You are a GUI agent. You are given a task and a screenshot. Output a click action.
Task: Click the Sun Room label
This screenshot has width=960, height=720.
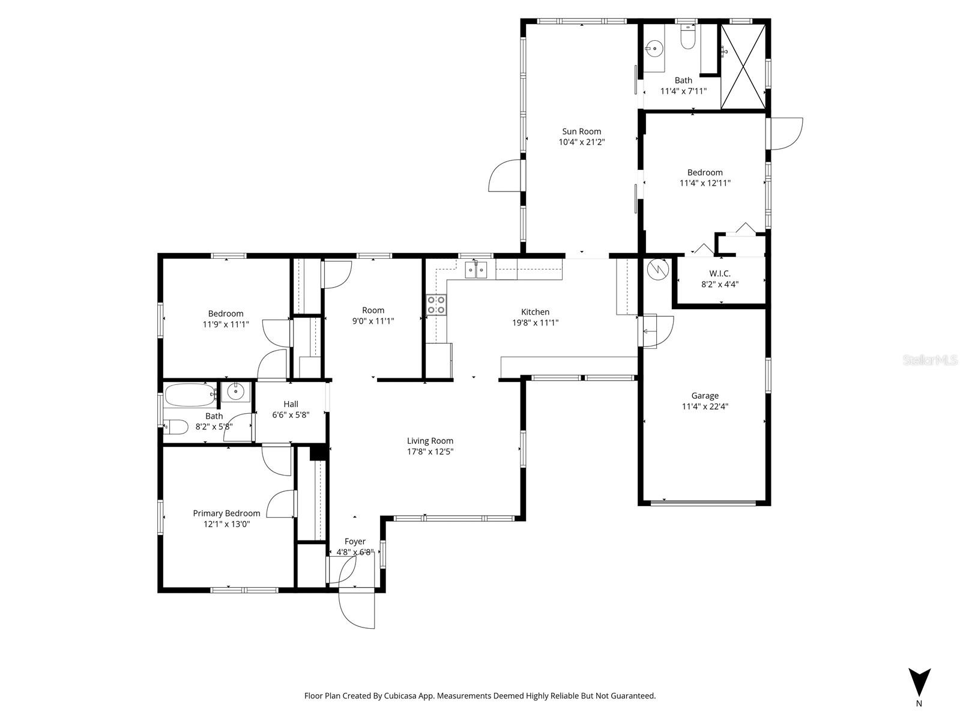(x=581, y=132)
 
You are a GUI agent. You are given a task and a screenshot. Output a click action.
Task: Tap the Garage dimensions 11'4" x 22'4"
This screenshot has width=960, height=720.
(x=705, y=407)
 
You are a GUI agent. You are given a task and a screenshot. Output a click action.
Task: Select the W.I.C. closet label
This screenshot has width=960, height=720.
(x=719, y=273)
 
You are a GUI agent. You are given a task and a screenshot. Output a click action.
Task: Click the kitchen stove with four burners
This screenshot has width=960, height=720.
(x=436, y=304)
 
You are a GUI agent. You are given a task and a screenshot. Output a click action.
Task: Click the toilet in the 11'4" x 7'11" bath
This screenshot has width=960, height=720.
(x=687, y=39)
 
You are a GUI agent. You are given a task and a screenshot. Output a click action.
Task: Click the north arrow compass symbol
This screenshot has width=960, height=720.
(x=919, y=683)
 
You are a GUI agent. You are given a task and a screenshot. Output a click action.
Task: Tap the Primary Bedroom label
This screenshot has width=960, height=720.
(x=226, y=513)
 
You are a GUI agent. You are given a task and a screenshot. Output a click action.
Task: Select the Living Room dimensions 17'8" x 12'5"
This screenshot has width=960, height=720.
(x=430, y=452)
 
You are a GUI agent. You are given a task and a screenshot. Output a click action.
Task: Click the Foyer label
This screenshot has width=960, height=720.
(x=355, y=542)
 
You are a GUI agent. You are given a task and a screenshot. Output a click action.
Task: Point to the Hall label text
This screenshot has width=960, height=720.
(x=291, y=404)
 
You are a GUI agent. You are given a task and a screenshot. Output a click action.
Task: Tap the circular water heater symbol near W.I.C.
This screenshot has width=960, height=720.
(x=658, y=268)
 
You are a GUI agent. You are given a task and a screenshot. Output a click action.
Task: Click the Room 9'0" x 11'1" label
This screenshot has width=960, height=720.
(x=373, y=310)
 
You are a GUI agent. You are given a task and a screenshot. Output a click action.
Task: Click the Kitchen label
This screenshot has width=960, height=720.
(x=535, y=312)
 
